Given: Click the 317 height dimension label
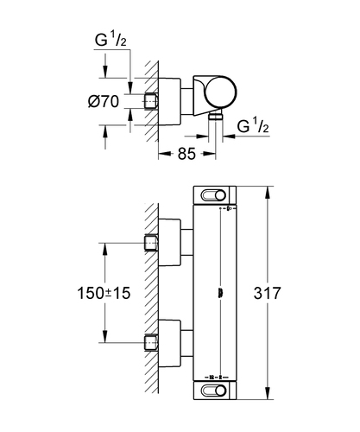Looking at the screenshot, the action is tap(267, 293).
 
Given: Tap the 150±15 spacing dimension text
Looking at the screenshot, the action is tap(104, 293).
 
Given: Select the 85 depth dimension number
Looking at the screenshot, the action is tap(186, 154).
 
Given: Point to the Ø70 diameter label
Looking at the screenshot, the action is tap(104, 101).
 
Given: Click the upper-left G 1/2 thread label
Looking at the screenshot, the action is tap(111, 40).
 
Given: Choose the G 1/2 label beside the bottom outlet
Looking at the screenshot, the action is tap(253, 126).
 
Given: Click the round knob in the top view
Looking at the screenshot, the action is tap(221, 92).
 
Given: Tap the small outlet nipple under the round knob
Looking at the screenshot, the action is tap(216, 116).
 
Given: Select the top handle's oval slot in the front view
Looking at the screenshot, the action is tap(213, 195).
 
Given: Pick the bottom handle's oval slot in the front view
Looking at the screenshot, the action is tap(213, 391).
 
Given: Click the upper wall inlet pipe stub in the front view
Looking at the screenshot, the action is tap(151, 243).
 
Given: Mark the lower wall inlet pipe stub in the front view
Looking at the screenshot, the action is tap(151, 343).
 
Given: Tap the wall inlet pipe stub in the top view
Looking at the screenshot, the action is tap(151, 101).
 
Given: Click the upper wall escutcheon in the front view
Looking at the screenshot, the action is tap(170, 243).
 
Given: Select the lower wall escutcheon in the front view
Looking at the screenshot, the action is tap(170, 343).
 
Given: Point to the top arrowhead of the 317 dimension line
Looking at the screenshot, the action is tap(268, 193).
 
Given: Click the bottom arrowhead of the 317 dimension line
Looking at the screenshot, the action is tap(268, 393).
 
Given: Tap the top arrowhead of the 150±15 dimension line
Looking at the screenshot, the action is tap(104, 249).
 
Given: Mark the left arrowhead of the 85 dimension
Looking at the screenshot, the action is tap(164, 154).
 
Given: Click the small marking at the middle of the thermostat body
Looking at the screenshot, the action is tap(221, 293).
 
